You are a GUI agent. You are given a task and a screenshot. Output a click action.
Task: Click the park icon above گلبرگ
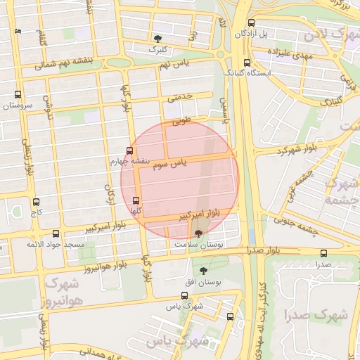(x=157, y=39)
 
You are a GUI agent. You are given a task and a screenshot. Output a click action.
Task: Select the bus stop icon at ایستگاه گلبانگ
(x=245, y=60)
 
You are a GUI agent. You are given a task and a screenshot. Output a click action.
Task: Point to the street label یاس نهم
(x=176, y=65)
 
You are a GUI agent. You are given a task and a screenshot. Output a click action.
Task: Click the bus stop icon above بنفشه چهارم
(x=129, y=150)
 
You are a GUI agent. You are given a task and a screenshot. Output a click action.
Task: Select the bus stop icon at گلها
(x=136, y=200)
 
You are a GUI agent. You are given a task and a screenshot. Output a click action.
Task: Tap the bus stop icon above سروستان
(x=18, y=94)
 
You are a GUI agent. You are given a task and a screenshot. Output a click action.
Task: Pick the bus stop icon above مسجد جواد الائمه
(x=57, y=233)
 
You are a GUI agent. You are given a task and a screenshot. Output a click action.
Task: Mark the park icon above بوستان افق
(x=204, y=271)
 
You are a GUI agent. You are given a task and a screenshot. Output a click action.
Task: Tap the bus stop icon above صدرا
(x=323, y=253)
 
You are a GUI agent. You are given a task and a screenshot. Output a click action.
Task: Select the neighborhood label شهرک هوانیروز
(x=63, y=292)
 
